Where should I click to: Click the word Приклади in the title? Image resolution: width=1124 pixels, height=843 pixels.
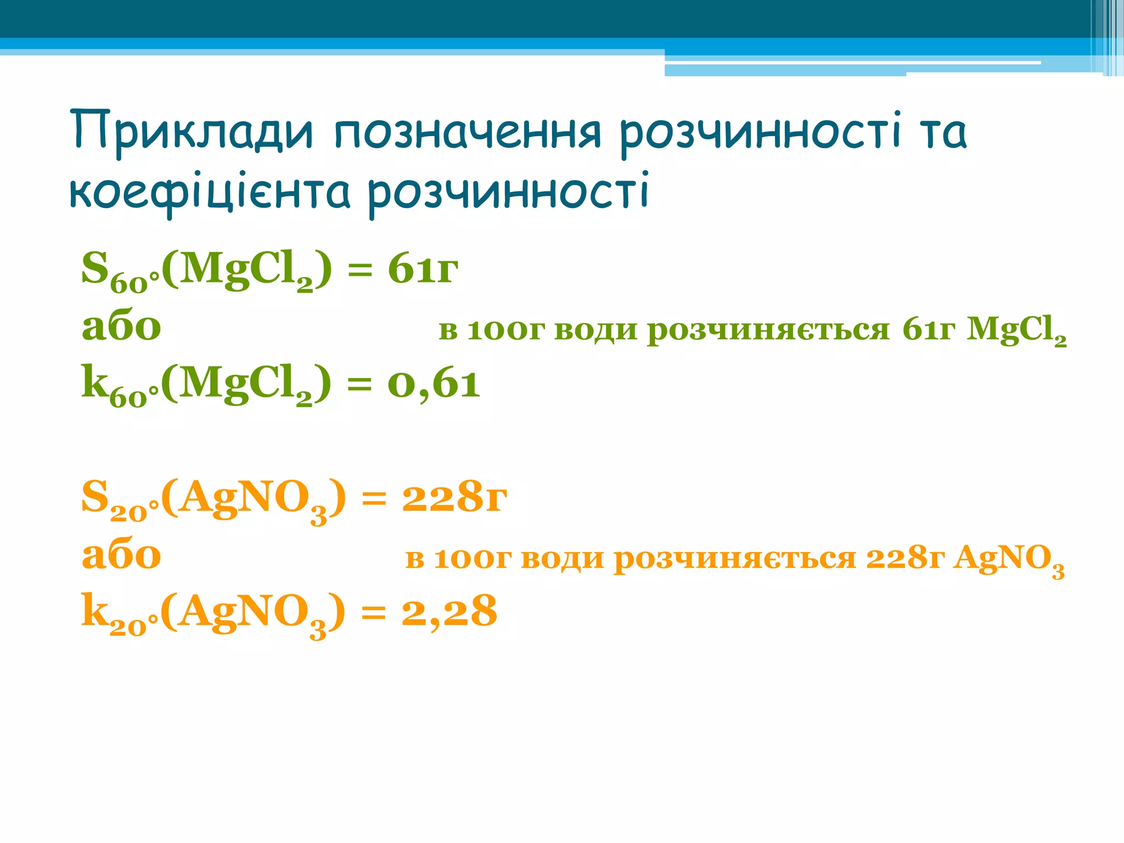click(x=192, y=132)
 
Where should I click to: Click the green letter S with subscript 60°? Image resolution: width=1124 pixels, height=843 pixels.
click(x=95, y=269)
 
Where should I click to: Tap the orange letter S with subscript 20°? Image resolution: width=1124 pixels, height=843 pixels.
click(x=95, y=497)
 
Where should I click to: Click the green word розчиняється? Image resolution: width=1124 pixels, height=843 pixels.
click(x=768, y=330)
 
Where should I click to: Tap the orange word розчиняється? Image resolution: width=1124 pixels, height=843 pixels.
click(x=735, y=559)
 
